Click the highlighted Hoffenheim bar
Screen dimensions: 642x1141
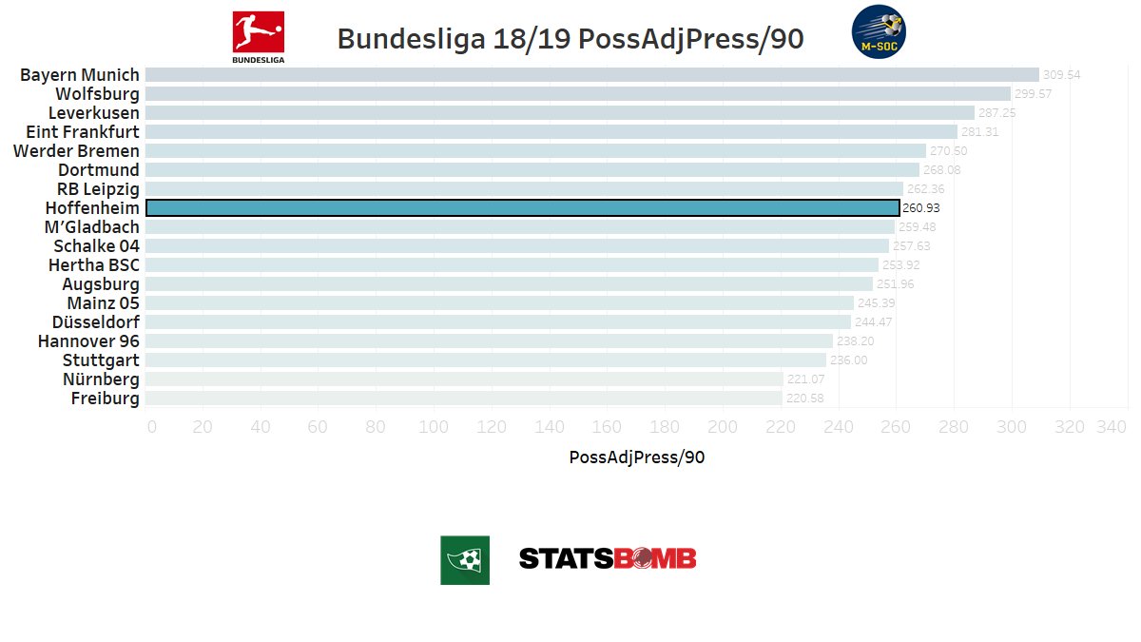pyautogui.click(x=522, y=207)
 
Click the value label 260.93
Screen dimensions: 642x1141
pyautogui.click(x=921, y=208)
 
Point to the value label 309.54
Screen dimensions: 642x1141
pyautogui.click(x=1062, y=75)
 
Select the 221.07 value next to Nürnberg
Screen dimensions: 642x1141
pyautogui.click(x=805, y=379)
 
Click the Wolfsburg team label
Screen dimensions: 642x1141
pyautogui.click(x=97, y=93)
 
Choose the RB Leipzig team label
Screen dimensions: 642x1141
pyautogui.click(x=98, y=188)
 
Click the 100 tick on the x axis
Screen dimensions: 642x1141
pyautogui.click(x=434, y=427)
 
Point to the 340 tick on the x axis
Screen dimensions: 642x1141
pyautogui.click(x=1110, y=427)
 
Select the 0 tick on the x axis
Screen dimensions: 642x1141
pyautogui.click(x=152, y=427)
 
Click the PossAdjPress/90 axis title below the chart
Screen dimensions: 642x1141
pyautogui.click(x=636, y=457)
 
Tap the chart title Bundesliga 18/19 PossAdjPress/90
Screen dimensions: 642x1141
pyautogui.click(x=570, y=39)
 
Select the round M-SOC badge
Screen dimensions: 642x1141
pyautogui.click(x=879, y=32)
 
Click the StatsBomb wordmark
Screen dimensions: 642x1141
pyautogui.click(x=608, y=558)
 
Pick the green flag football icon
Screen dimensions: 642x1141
pyautogui.click(x=465, y=559)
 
